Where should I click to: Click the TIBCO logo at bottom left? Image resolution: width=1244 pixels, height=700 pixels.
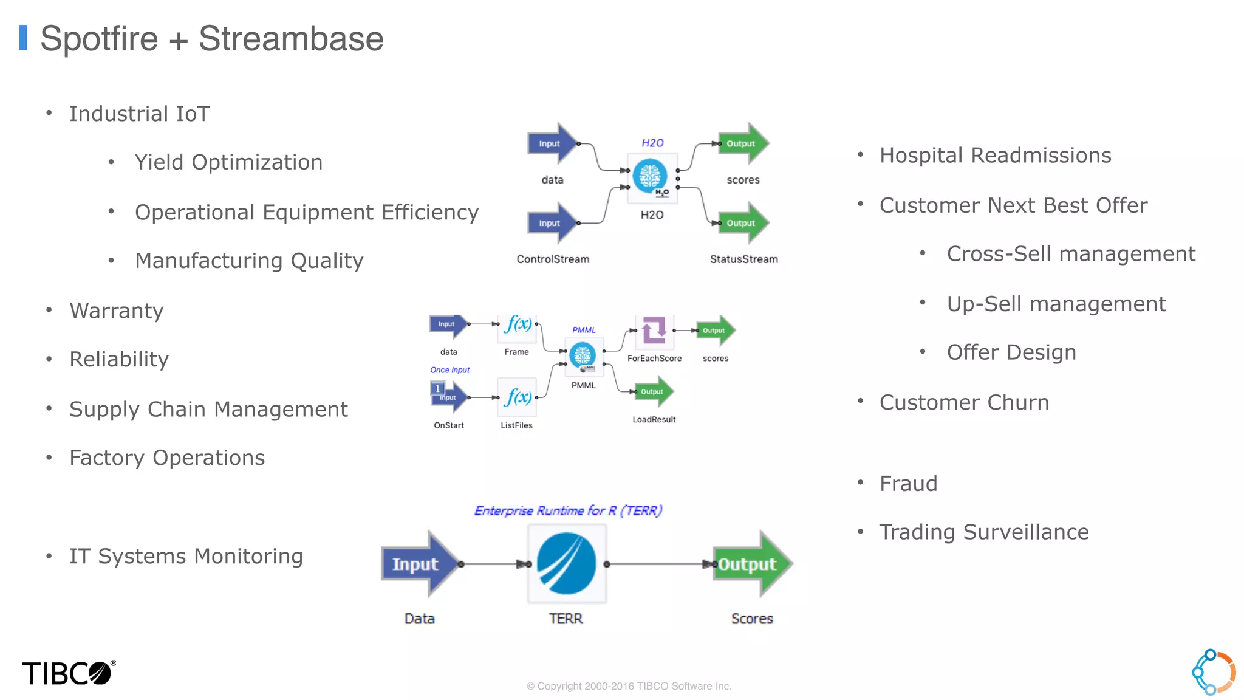point(68,673)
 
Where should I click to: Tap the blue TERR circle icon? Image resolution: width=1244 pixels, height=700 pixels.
point(567,563)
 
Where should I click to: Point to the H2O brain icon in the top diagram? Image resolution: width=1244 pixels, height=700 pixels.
point(650,176)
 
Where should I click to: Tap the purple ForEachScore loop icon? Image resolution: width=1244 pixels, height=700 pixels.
point(654,330)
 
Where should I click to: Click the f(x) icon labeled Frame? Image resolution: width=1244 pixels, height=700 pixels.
point(518,325)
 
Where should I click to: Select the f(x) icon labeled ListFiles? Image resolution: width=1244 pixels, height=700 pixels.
point(518,397)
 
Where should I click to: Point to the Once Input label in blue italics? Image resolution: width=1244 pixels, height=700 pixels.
point(449,369)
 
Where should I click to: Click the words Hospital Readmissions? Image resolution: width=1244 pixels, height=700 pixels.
point(995,156)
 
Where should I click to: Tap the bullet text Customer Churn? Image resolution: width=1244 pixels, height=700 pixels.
point(964,402)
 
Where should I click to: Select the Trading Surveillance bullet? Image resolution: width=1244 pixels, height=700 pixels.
point(983,532)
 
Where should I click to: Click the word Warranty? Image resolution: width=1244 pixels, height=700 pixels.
point(117,311)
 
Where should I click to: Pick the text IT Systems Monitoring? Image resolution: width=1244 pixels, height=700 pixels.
point(186,557)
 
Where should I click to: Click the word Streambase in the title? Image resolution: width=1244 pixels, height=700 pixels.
point(291,39)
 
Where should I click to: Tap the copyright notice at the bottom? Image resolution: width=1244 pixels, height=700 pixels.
point(629,686)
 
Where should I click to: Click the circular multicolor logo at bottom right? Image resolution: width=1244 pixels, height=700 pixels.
point(1213,672)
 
